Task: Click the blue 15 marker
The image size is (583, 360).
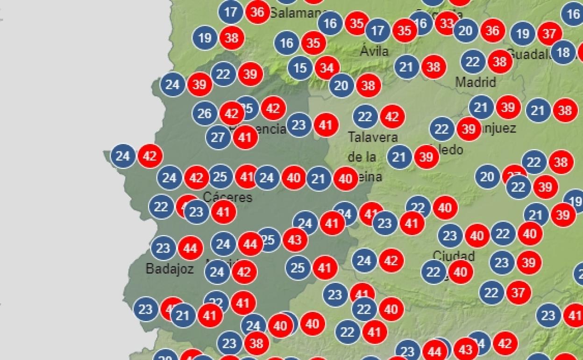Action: pyautogui.click(x=300, y=68)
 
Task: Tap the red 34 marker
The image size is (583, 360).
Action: pyautogui.click(x=327, y=68)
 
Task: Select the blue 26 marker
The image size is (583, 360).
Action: pyautogui.click(x=205, y=114)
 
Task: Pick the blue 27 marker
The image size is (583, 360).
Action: pyautogui.click(x=218, y=137)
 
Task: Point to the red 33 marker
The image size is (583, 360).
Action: pyautogui.click(x=447, y=23)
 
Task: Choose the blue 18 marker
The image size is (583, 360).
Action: pyautogui.click(x=563, y=52)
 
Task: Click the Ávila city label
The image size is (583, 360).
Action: pyautogui.click(x=374, y=50)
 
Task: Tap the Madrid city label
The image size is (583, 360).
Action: pyautogui.click(x=476, y=82)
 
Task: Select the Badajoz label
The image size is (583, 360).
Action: pyautogui.click(x=170, y=269)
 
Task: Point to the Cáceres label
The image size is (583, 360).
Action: pyautogui.click(x=228, y=197)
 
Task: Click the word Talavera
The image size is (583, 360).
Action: pyautogui.click(x=373, y=137)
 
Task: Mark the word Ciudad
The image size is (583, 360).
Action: pyautogui.click(x=454, y=256)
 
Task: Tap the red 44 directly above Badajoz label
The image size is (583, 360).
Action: pyautogui.click(x=190, y=248)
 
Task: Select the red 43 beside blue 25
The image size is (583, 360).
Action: pyautogui.click(x=295, y=240)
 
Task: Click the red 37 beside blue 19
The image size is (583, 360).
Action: pyautogui.click(x=550, y=34)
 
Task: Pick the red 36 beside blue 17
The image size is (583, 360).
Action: pyautogui.click(x=257, y=12)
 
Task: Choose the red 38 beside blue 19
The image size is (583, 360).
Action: pyautogui.click(x=232, y=38)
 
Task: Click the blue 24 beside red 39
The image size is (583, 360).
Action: pyautogui.click(x=173, y=85)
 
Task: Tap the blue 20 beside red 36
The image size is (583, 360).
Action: pyautogui.click(x=466, y=31)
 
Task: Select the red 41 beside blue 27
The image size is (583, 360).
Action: pyautogui.click(x=245, y=137)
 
